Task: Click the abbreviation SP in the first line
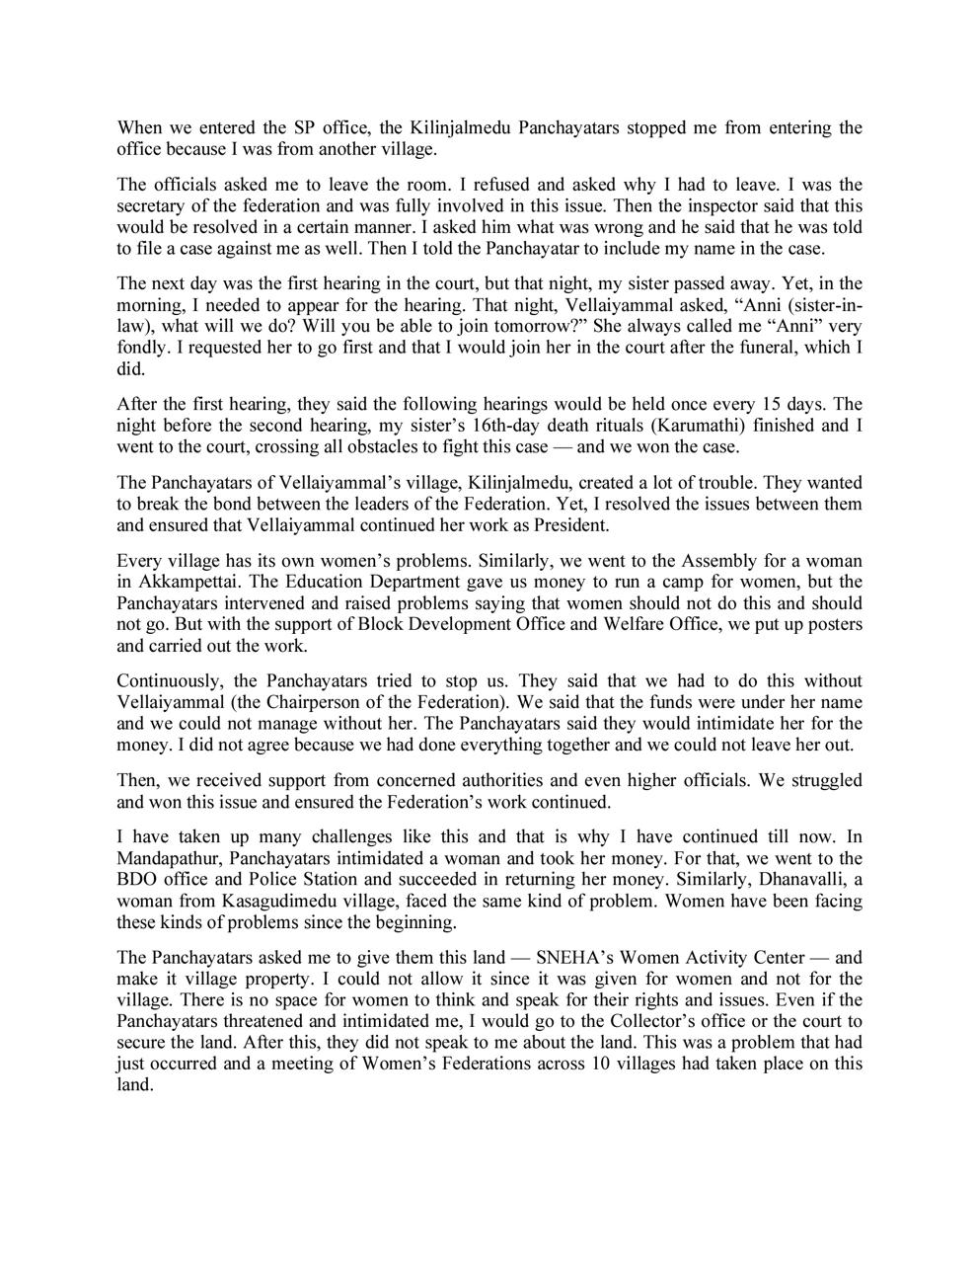(305, 127)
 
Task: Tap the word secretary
(149, 206)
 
